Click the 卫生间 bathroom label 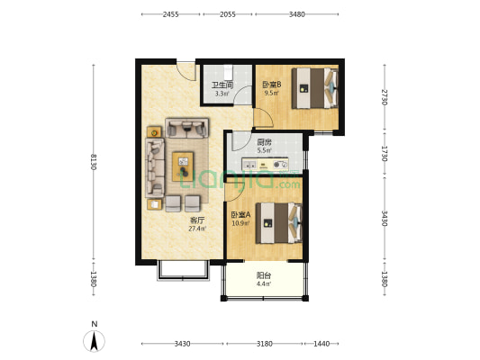(x=221, y=85)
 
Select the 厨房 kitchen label (x=264, y=142)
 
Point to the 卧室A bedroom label (x=240, y=214)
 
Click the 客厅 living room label (x=196, y=220)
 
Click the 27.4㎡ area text (x=196, y=229)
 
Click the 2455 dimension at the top (x=171, y=14)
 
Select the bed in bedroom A (x=277, y=223)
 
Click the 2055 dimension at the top (x=228, y=14)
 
